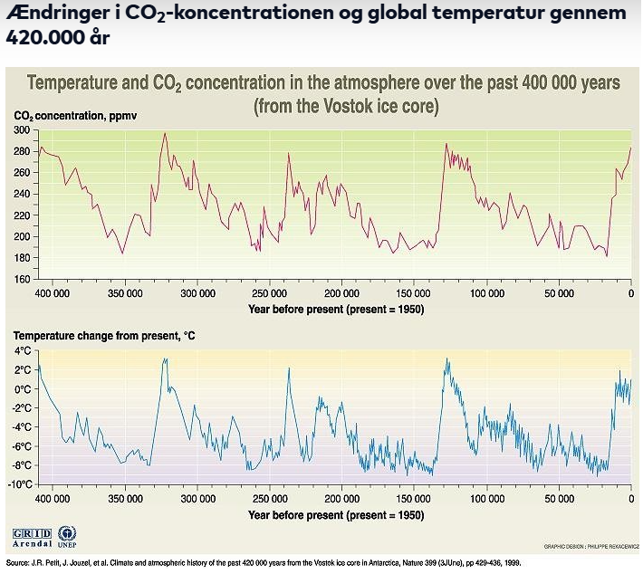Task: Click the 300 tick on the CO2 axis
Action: [x=22, y=131]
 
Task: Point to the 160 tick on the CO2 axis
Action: [x=22, y=279]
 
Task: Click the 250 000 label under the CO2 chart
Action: [x=269, y=294]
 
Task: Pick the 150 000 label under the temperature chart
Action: [x=414, y=499]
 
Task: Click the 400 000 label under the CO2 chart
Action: [x=53, y=294]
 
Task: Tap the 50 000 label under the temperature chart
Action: [x=559, y=499]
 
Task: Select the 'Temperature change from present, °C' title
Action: [x=103, y=336]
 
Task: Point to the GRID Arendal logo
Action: [x=31, y=537]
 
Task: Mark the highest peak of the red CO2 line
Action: [x=164, y=134]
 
